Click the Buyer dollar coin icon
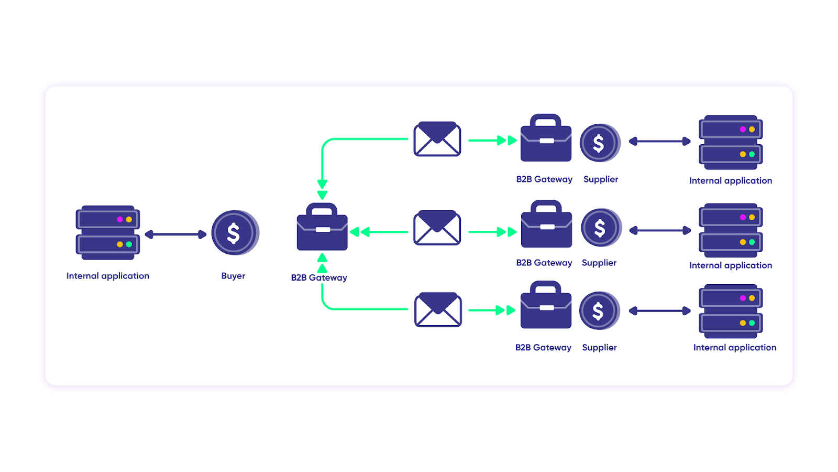click(x=235, y=233)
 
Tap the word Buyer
click(x=233, y=276)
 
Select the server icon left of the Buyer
click(x=108, y=232)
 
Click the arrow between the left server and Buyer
click(x=175, y=234)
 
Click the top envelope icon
click(x=437, y=139)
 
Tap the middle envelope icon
click(x=437, y=228)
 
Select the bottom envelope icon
click(x=438, y=310)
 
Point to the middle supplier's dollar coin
click(x=601, y=228)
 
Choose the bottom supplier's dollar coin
click(x=599, y=311)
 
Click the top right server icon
click(x=731, y=142)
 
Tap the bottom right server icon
click(x=731, y=311)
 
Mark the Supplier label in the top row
click(x=601, y=179)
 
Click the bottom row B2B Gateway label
click(x=543, y=348)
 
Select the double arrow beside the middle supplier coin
click(x=660, y=230)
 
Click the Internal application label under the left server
click(x=108, y=276)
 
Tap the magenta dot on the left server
click(x=120, y=219)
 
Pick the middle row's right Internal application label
click(x=731, y=265)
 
